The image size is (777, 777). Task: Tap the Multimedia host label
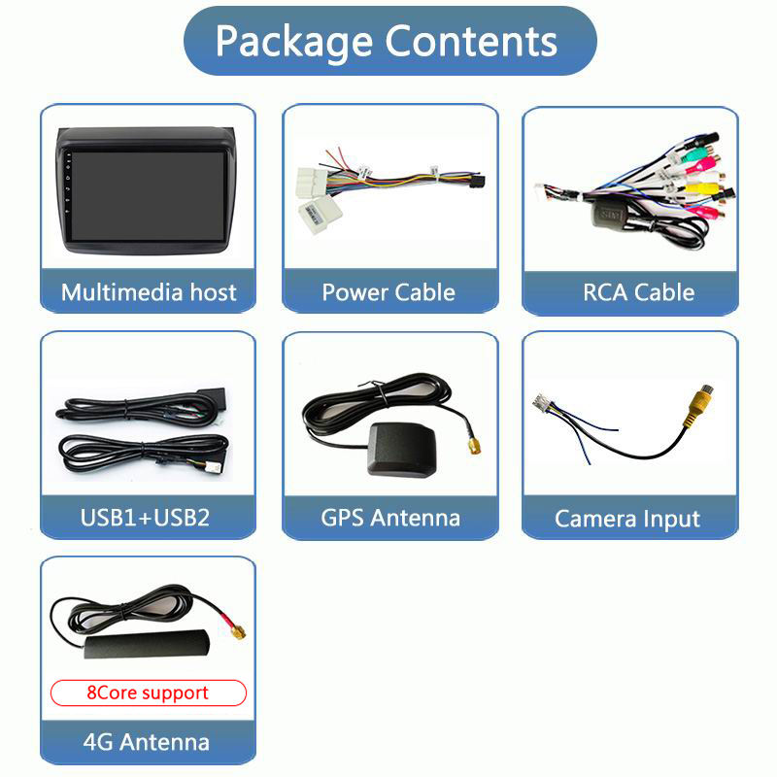(149, 292)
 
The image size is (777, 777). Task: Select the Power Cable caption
(388, 292)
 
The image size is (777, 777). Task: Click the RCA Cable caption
(638, 292)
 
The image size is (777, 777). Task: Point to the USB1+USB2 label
(145, 517)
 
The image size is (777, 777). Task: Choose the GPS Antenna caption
(390, 517)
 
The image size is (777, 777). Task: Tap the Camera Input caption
(627, 519)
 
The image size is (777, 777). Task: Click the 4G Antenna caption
(147, 742)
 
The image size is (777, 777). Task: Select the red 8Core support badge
(148, 693)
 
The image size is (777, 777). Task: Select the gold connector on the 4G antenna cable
(235, 631)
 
